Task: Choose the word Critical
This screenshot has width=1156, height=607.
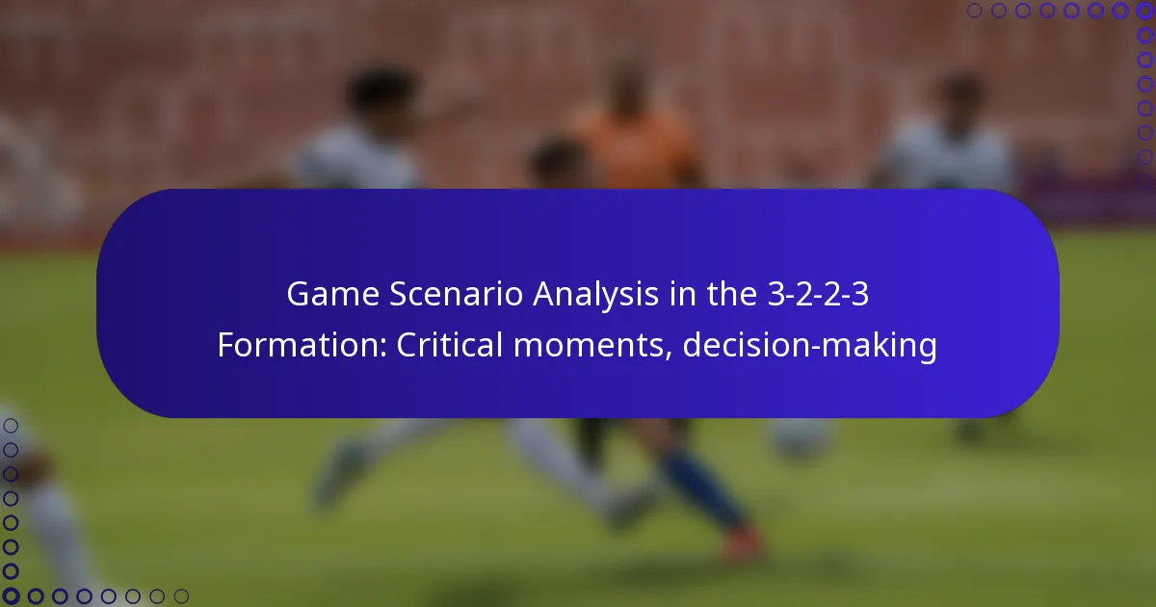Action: (450, 345)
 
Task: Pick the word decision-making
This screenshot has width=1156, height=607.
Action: (809, 345)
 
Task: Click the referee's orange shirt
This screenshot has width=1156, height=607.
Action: (636, 149)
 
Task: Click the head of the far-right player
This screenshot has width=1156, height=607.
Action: (959, 96)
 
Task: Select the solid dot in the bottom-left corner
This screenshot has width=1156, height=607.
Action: (11, 596)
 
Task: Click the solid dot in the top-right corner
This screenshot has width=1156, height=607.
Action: (1145, 11)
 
